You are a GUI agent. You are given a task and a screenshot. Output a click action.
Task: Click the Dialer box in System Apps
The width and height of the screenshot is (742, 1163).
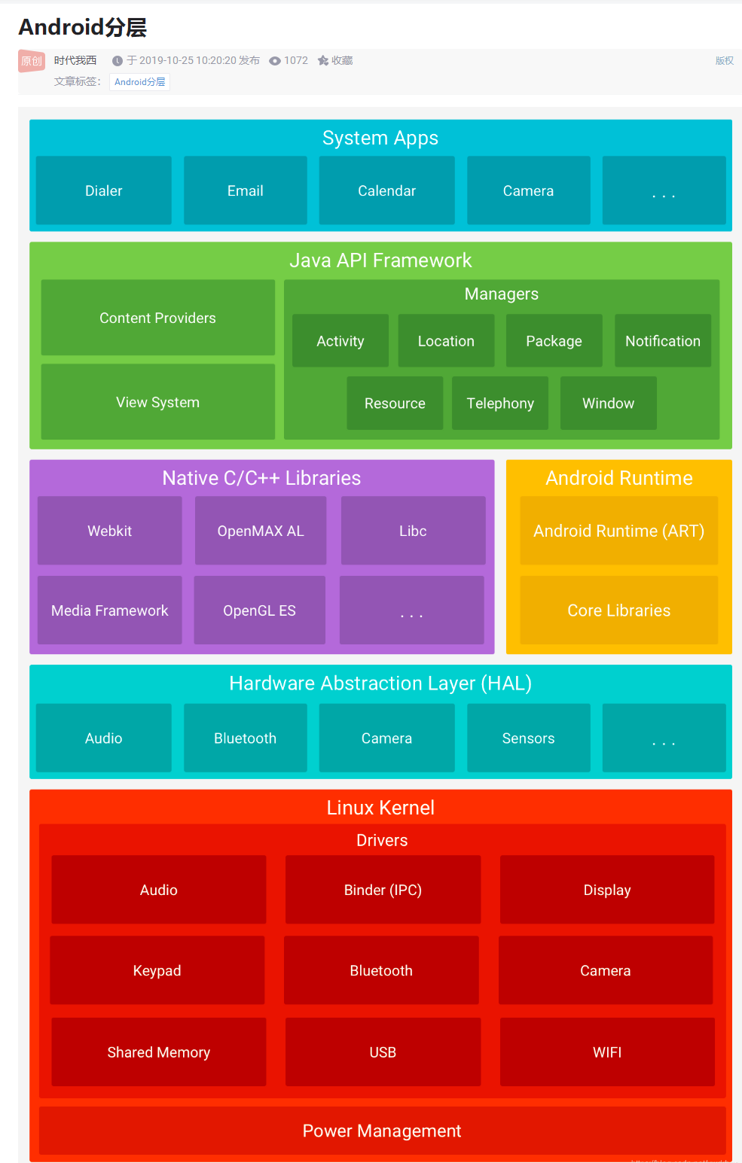click(x=104, y=190)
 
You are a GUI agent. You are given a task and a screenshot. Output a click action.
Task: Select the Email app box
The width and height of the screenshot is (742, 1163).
click(x=246, y=190)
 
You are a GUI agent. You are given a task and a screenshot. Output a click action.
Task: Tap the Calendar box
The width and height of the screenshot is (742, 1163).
click(x=386, y=190)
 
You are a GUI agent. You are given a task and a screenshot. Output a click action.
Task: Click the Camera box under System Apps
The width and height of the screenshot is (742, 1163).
click(x=528, y=190)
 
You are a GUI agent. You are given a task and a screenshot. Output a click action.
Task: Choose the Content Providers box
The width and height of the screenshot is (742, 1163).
click(x=157, y=318)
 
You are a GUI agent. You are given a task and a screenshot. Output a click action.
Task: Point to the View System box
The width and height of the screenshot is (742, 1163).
click(x=157, y=402)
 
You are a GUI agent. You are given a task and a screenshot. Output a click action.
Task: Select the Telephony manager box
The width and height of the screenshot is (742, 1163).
click(x=500, y=403)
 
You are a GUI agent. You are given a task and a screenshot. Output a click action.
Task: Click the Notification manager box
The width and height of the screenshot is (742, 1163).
click(x=663, y=341)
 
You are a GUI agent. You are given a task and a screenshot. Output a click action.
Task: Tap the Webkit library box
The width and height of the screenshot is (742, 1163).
click(x=110, y=531)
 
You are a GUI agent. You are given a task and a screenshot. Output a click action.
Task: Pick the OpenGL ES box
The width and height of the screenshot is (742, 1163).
click(x=259, y=610)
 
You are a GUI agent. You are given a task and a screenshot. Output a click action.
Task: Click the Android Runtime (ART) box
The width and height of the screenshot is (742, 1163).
click(x=618, y=531)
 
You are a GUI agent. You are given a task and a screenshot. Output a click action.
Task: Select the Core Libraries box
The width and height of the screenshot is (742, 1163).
click(x=618, y=610)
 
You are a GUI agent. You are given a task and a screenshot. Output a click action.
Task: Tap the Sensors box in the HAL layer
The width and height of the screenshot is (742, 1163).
click(x=528, y=738)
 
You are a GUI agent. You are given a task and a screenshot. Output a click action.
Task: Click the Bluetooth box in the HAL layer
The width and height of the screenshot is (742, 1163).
click(x=246, y=738)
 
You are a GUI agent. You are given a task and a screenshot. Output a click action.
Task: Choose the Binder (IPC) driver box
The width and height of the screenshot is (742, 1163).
click(x=383, y=890)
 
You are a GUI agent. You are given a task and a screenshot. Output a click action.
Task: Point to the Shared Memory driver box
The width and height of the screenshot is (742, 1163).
click(x=158, y=1052)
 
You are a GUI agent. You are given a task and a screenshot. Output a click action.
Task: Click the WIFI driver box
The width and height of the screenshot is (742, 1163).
click(x=607, y=1052)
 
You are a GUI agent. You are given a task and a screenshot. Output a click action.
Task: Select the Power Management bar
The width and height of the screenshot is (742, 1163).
click(x=382, y=1131)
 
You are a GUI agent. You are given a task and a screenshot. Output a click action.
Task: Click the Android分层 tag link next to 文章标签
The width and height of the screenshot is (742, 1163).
click(x=140, y=82)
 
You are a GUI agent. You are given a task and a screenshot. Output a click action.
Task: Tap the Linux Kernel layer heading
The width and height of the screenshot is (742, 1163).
click(x=380, y=808)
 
